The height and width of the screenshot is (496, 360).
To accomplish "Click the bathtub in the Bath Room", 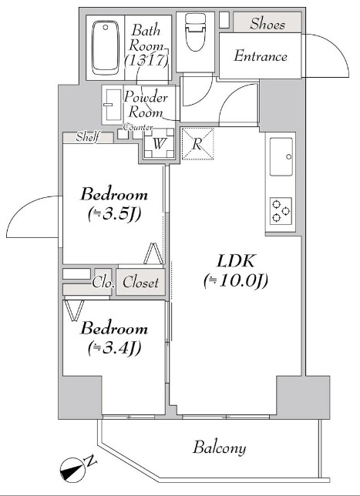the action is point(106,48).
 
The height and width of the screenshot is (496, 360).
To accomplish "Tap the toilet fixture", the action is point(195,32).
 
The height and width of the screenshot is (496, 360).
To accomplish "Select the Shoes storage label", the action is point(267,24).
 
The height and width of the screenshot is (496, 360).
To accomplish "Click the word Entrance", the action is point(261,56).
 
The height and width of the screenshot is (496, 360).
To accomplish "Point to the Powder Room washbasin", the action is point(113,105).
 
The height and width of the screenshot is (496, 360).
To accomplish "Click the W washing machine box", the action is point(159,144).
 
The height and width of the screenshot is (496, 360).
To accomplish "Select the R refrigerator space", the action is point(197,143).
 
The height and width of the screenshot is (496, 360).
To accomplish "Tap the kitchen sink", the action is point(281,157).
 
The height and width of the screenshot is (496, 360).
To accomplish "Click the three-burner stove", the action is point(281,211).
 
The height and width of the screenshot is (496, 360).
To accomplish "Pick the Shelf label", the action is point(88,137).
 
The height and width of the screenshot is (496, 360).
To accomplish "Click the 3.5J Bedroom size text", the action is point(114,215).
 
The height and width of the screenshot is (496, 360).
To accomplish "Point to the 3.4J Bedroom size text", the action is point(114,349).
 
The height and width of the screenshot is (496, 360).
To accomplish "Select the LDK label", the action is point(236,261).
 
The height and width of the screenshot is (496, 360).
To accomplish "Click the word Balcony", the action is point(220,448).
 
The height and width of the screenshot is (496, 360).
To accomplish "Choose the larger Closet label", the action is point(140,282).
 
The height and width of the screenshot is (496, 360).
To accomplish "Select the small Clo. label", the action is point(103,283).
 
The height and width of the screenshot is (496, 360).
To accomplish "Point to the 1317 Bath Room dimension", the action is point(146,60).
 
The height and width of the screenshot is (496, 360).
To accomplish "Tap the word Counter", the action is point(138,127).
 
